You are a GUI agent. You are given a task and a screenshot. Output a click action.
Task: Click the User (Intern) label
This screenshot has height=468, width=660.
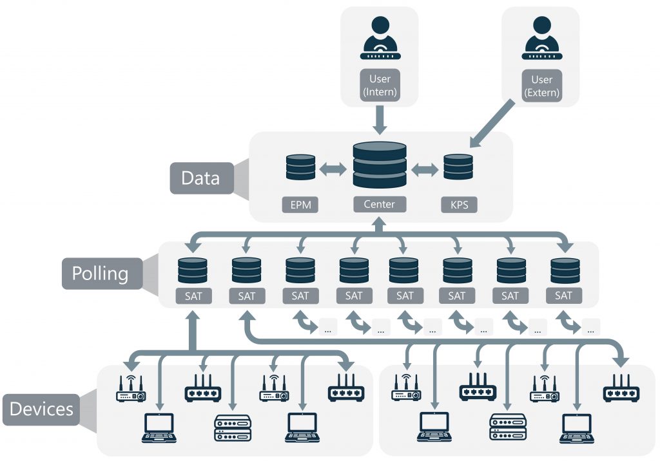coord(380,85)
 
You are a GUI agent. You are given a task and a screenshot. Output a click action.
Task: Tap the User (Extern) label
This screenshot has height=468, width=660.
coord(541,86)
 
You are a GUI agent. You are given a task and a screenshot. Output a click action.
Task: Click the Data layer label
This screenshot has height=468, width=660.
coord(200,178)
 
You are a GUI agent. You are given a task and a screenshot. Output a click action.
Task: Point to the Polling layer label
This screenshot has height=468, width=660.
coord(100,274)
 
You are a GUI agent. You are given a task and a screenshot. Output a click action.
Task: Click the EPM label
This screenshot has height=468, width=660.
coord(300,205)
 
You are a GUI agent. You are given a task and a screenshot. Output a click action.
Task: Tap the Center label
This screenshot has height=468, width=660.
coord(380,205)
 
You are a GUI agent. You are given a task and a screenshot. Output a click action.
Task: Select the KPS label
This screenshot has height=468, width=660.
coord(459,205)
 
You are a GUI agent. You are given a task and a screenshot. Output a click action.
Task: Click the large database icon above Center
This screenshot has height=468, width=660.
coord(380,165)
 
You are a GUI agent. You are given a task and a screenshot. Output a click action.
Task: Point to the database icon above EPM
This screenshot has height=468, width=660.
coord(300,167)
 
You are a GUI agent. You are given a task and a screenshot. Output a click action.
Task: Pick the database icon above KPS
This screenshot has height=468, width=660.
coord(459,167)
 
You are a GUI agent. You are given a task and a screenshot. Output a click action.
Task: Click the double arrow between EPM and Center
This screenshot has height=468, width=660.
coord(333,169)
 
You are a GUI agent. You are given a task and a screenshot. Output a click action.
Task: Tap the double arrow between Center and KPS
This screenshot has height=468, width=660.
coord(425,169)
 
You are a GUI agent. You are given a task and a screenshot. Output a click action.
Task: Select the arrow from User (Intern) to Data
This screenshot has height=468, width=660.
coord(380,118)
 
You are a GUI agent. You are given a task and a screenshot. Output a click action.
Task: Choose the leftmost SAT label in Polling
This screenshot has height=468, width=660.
coord(191,296)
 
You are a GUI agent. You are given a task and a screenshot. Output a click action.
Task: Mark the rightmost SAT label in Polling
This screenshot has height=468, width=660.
coord(563,296)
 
